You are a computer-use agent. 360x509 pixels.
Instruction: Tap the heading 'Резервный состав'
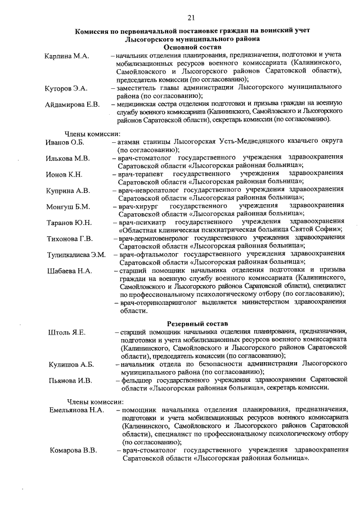[198, 324]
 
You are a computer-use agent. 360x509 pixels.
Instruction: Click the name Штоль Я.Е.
[66, 333]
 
